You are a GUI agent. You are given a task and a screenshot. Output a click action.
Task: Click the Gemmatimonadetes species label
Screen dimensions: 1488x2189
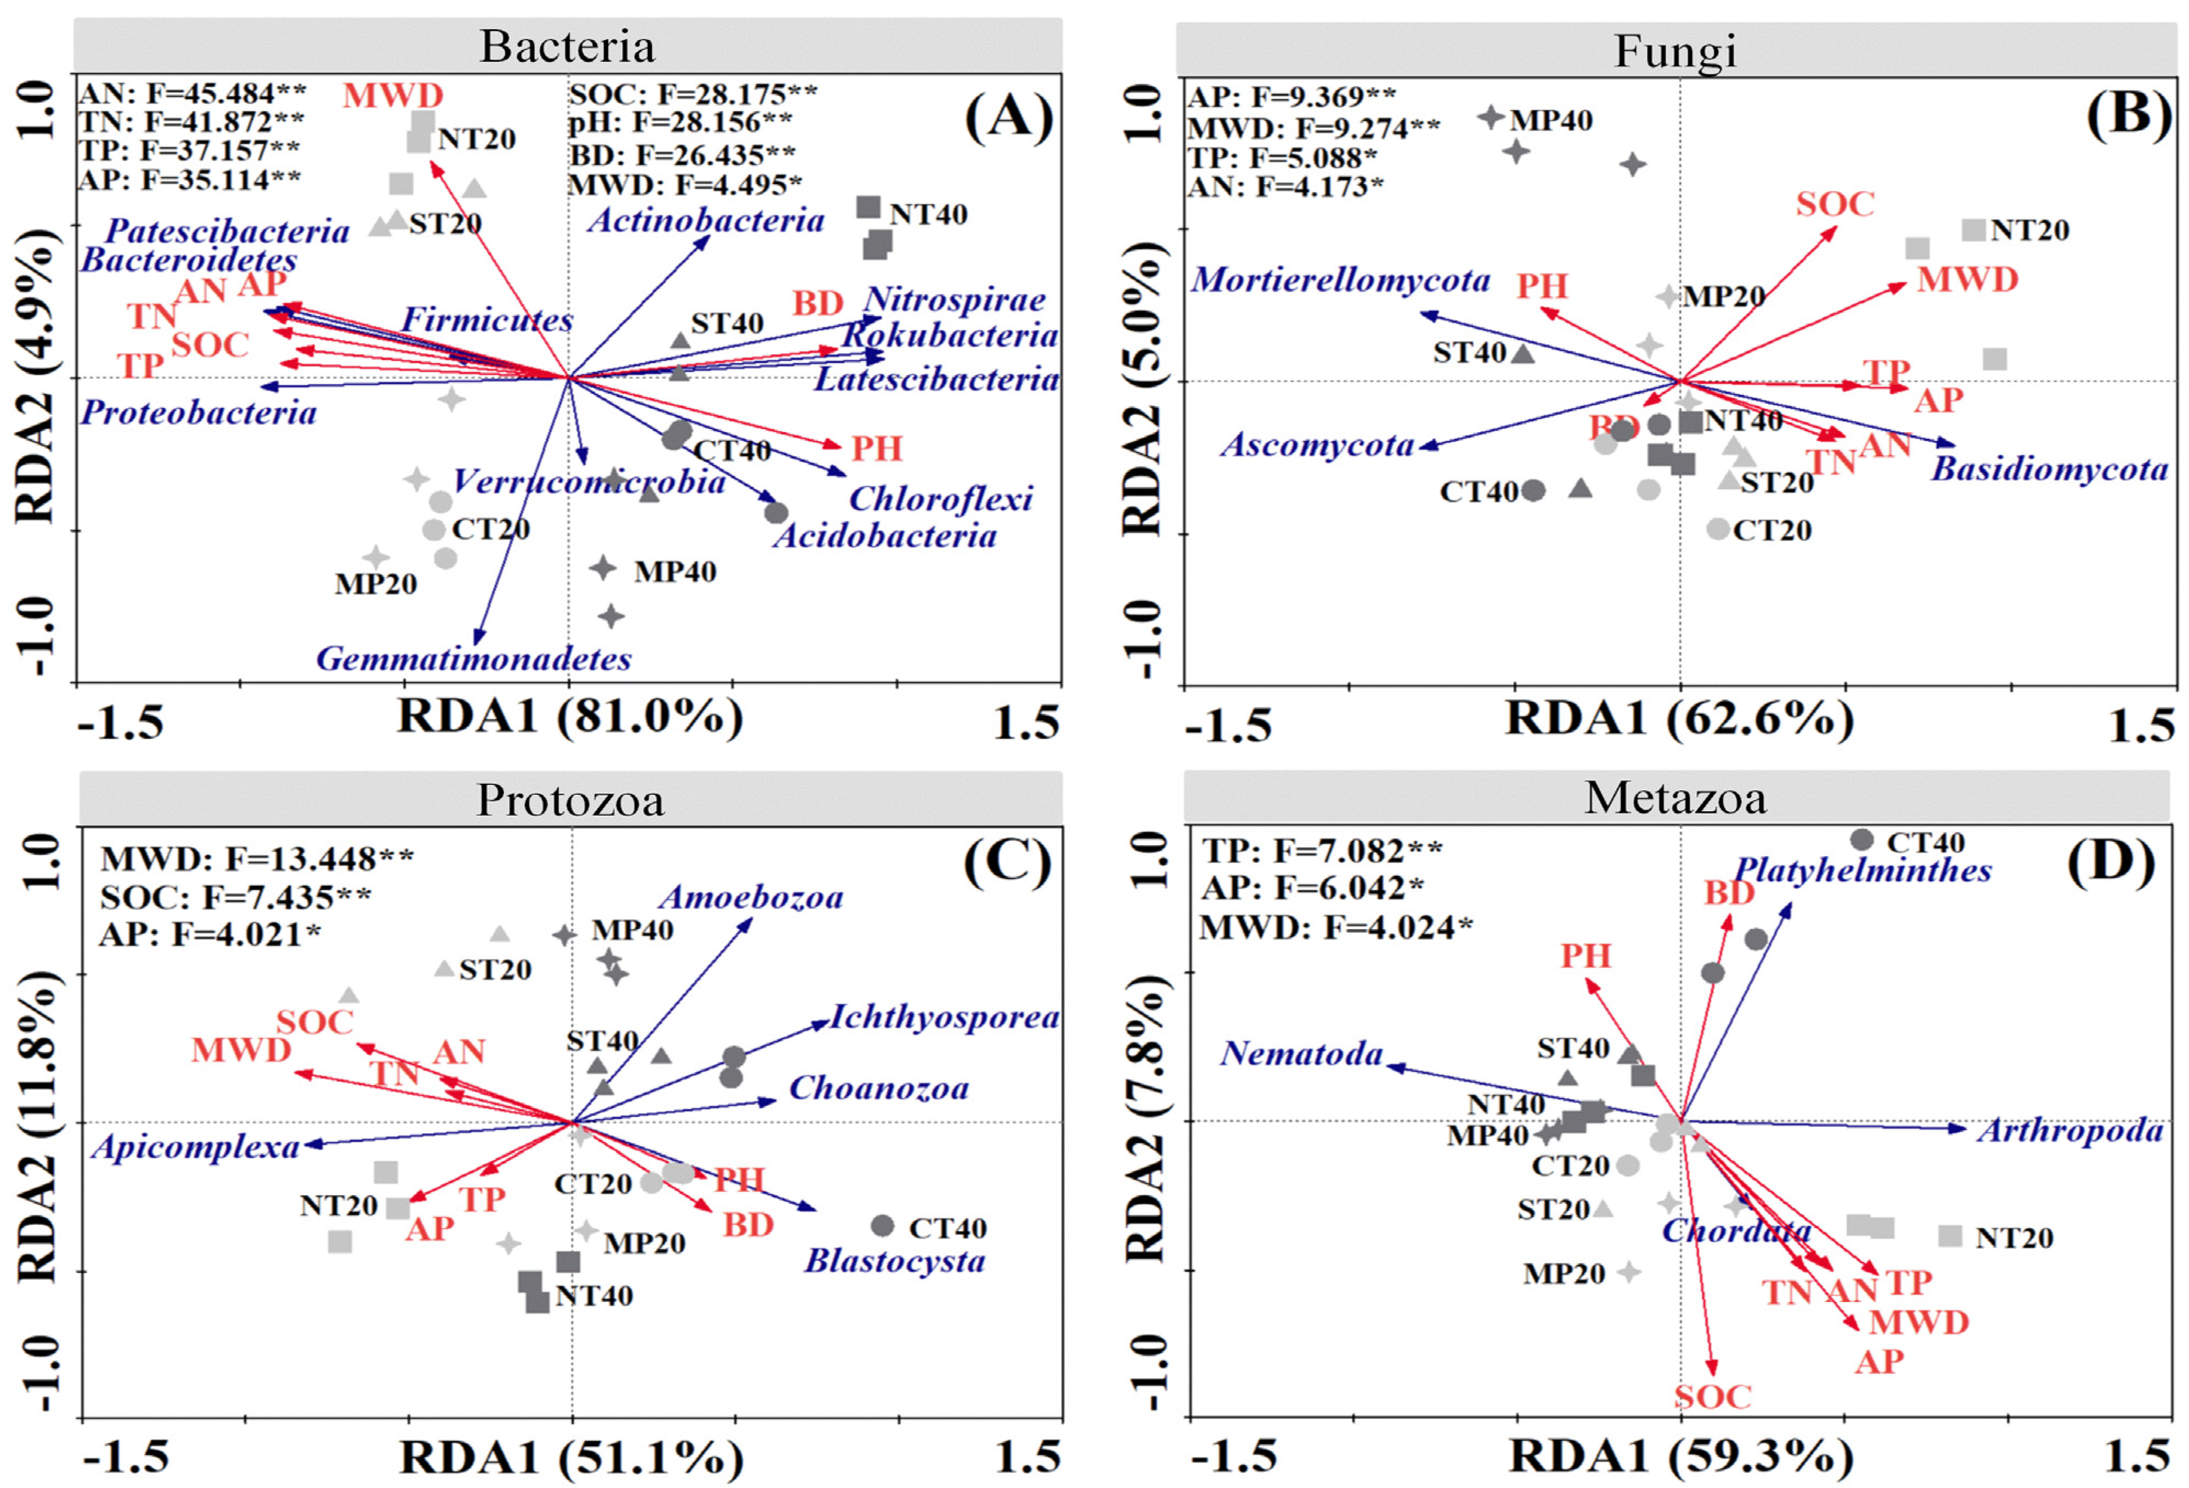[x=474, y=658]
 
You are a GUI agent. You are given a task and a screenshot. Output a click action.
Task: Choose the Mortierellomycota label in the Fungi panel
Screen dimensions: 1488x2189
[x=1340, y=280]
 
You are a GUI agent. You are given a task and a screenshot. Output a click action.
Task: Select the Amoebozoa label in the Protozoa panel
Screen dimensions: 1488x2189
[x=751, y=897]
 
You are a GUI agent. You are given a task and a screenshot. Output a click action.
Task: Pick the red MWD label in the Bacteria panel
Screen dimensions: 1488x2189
[x=393, y=95]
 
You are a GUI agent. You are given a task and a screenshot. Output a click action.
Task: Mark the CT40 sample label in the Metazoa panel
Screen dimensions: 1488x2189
[x=1925, y=842]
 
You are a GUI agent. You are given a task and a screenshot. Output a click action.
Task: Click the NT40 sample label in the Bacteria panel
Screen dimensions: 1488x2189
[x=928, y=214]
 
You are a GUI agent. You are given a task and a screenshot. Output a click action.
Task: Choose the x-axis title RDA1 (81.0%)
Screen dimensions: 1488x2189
[x=570, y=717]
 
